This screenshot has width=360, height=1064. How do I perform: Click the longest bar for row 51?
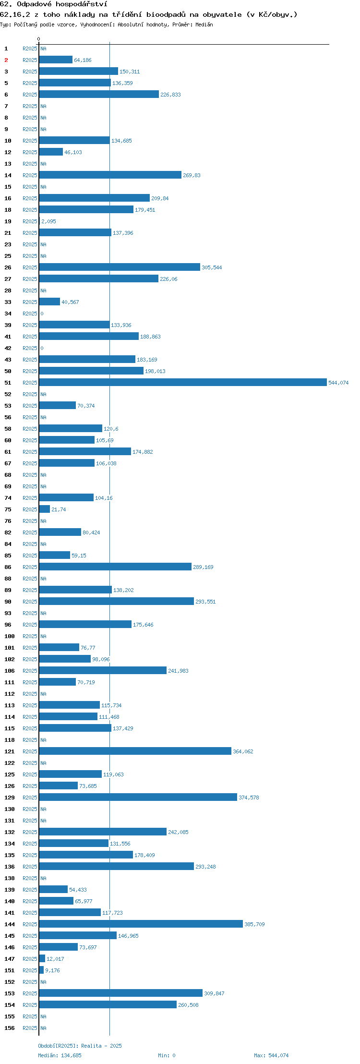pos(183,382)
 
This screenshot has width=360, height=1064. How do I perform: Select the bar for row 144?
pos(141,924)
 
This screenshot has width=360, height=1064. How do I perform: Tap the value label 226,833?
pos(170,95)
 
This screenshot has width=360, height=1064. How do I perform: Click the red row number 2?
pos(6,60)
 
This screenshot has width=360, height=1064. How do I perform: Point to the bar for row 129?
pos(138,797)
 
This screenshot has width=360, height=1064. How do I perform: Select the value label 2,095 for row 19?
pos(48,221)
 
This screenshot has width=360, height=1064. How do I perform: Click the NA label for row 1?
pos(43,48)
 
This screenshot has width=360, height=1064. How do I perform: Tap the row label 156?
pos(10,1028)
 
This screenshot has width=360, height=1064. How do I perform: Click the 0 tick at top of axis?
pos(39,39)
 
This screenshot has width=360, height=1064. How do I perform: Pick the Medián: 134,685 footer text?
pos(60,1055)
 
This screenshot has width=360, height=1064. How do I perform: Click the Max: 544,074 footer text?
pos(271,1055)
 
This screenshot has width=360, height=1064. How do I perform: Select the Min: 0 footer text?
pos(167,1055)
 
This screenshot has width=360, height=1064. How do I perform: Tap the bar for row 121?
pos(135,751)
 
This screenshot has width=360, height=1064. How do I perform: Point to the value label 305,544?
pos(212,267)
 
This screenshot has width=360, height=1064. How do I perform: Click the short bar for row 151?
pos(41,970)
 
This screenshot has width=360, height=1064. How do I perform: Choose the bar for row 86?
pos(115,567)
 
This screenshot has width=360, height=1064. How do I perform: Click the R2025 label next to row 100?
pos(30,636)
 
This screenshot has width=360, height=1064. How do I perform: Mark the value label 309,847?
pos(214,993)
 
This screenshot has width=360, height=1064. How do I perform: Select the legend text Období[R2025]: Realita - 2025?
pos(80,1046)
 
